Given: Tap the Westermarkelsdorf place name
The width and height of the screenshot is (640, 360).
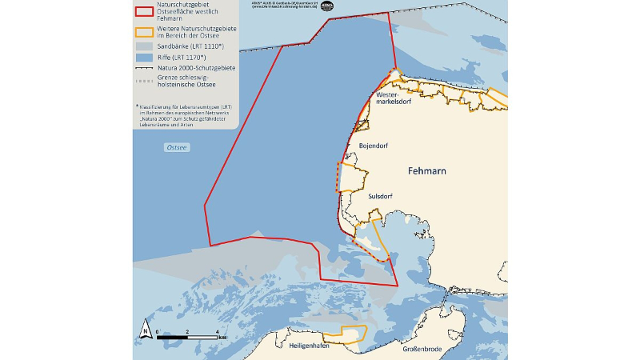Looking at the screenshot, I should [x=393, y=102].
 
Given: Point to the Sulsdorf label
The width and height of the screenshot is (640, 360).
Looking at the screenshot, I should [x=380, y=196].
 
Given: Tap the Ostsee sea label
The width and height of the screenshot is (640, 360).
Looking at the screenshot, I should [x=176, y=148].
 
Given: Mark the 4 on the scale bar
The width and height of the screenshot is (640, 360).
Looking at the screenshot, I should [x=217, y=330].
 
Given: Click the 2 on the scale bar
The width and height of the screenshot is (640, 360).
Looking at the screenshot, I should [x=187, y=330].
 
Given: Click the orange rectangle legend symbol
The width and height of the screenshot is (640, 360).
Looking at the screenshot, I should [x=144, y=32].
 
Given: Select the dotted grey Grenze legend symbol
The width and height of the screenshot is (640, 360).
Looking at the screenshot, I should [x=144, y=81].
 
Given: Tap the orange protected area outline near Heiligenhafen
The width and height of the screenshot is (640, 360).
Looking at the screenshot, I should [x=352, y=335].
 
